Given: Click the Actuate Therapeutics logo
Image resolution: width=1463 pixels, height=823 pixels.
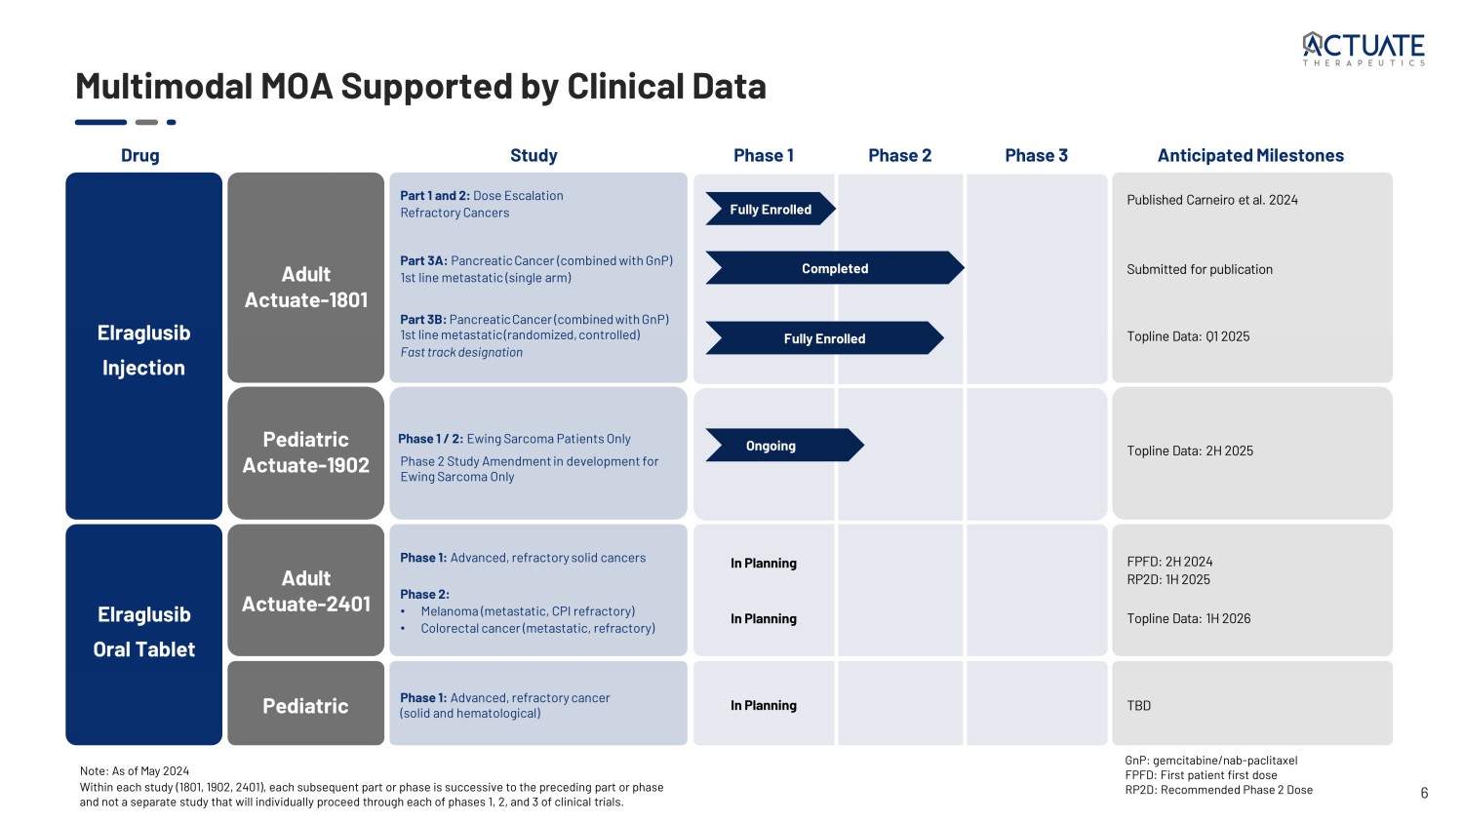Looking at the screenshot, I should (x=1364, y=49).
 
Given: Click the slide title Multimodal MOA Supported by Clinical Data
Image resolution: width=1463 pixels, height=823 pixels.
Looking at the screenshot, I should (x=420, y=87).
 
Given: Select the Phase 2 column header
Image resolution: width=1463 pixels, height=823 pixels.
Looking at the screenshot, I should (x=899, y=155).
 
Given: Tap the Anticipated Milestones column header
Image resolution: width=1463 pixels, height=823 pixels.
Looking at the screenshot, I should (x=1249, y=155).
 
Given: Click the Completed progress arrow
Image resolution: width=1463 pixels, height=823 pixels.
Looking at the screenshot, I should (x=834, y=268).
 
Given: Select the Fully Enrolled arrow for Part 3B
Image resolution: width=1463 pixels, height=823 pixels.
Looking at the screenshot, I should (x=824, y=338).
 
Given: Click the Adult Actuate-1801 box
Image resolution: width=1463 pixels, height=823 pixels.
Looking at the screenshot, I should (x=305, y=287).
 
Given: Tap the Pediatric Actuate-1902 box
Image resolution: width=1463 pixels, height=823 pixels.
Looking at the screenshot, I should (x=305, y=452).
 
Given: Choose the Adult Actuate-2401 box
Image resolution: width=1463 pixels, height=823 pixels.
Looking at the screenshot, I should (x=305, y=591).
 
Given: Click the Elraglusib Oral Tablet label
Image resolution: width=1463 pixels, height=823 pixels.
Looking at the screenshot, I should (x=143, y=632).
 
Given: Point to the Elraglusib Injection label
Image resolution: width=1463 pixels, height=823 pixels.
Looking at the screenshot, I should (x=143, y=350).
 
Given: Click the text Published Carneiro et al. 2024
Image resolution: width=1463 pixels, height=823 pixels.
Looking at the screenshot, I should (x=1211, y=200).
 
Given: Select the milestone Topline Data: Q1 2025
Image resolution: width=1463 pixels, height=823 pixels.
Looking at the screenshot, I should (x=1187, y=336).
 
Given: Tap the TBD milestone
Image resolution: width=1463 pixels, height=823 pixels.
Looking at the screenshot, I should (x=1138, y=705).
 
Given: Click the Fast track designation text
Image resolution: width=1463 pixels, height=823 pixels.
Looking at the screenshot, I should (x=461, y=353).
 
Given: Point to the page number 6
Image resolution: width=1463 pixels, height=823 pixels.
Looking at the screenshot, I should (x=1424, y=793).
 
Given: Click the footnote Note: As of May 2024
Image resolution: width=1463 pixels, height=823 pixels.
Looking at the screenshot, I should (x=135, y=770).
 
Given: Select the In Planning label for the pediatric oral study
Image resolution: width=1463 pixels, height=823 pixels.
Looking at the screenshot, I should (x=763, y=705).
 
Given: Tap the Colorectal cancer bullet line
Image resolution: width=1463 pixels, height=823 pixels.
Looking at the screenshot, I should (x=537, y=628).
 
